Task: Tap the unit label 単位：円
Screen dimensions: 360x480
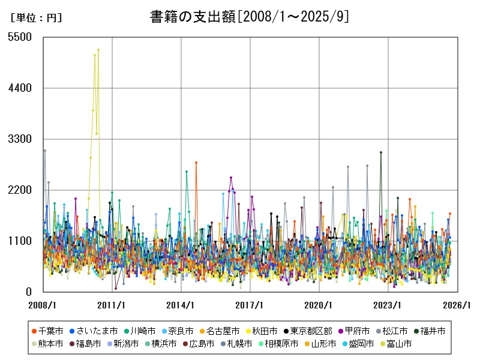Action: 36,18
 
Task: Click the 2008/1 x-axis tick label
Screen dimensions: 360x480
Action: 43,305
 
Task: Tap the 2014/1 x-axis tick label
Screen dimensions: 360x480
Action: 181,305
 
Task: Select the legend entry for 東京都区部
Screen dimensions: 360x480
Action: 308,331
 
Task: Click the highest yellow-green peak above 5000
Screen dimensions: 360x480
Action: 98,50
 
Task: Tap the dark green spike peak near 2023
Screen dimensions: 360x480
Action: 380,152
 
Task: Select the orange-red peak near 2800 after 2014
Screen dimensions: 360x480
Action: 196,163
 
